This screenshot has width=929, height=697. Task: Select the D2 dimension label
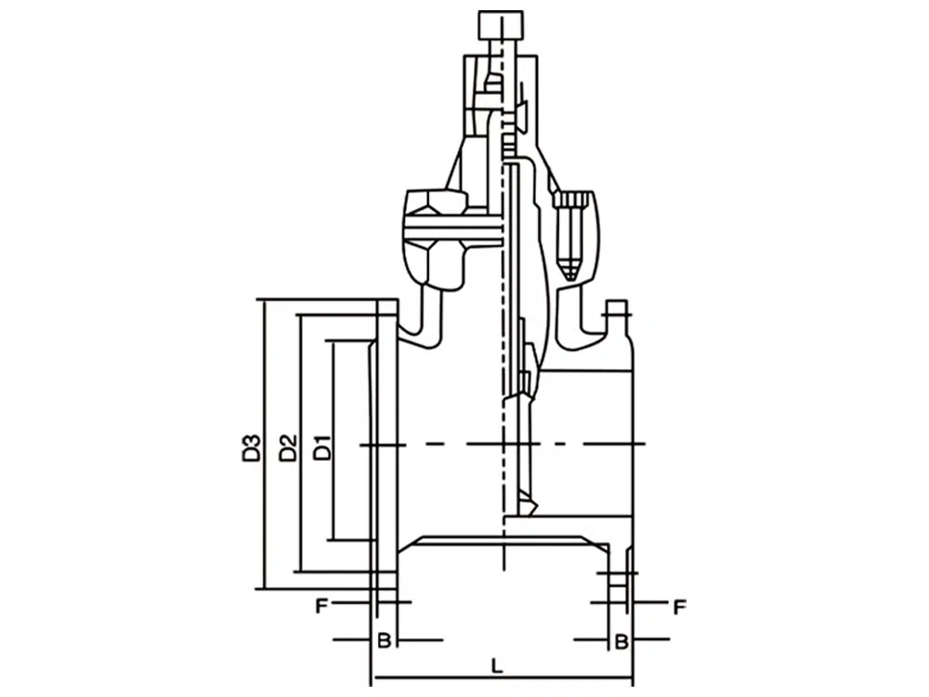(287, 448)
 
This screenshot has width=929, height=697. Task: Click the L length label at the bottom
(497, 665)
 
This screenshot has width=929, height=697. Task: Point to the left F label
(321, 606)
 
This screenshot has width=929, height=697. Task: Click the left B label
(384, 640)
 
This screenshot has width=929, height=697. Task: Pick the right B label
(621, 640)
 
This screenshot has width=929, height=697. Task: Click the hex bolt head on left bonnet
(436, 204)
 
